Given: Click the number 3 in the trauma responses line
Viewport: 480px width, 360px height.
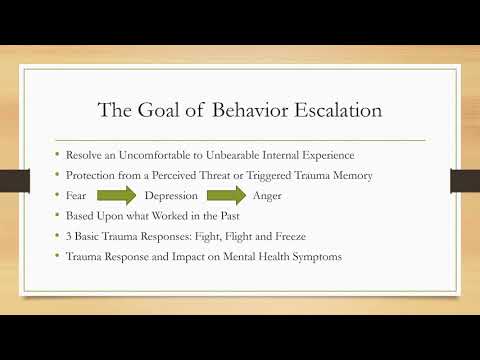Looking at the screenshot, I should pos(69,235).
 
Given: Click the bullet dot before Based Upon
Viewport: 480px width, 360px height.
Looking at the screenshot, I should pos(57,215).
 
